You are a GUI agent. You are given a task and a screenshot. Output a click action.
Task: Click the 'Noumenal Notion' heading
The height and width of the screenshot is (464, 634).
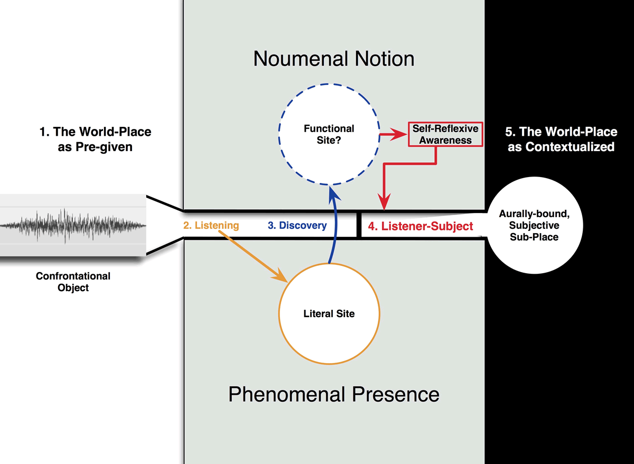(x=334, y=59)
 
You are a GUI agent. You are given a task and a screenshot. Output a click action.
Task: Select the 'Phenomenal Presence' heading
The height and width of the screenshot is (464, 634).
(x=334, y=394)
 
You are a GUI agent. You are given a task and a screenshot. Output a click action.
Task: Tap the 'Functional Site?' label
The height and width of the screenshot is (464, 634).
(x=329, y=134)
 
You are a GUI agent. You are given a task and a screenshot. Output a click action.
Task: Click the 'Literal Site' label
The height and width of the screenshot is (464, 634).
(x=329, y=314)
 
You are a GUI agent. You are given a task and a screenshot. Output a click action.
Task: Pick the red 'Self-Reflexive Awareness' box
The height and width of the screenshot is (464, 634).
(x=445, y=134)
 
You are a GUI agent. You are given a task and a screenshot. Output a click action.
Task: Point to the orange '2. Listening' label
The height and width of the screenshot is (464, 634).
(x=211, y=226)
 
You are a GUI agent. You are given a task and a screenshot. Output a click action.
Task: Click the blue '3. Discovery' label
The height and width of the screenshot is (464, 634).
(x=297, y=225)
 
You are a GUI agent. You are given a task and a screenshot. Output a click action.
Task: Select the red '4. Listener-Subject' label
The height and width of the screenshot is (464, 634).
(x=421, y=226)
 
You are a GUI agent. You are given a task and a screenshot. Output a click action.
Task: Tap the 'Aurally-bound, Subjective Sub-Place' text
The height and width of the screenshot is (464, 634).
(x=534, y=225)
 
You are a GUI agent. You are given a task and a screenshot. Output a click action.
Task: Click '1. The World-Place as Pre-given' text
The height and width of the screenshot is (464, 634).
(x=96, y=140)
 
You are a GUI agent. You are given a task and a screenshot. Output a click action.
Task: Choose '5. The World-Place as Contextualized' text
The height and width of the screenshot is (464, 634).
(x=561, y=140)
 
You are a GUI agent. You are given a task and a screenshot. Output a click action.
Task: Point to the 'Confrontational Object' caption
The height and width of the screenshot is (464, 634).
(x=73, y=282)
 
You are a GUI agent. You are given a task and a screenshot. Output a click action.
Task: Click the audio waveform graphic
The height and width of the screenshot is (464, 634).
(x=73, y=226)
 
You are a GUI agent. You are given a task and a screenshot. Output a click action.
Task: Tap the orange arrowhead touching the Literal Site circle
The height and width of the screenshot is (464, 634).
(x=280, y=275)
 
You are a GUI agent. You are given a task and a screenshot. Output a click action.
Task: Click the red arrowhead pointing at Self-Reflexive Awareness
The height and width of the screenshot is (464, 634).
(x=398, y=134)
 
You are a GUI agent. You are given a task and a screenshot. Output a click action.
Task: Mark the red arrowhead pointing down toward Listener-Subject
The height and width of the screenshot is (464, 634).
(x=384, y=201)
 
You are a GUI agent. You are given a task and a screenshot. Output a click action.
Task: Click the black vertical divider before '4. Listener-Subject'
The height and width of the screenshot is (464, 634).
(x=359, y=225)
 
